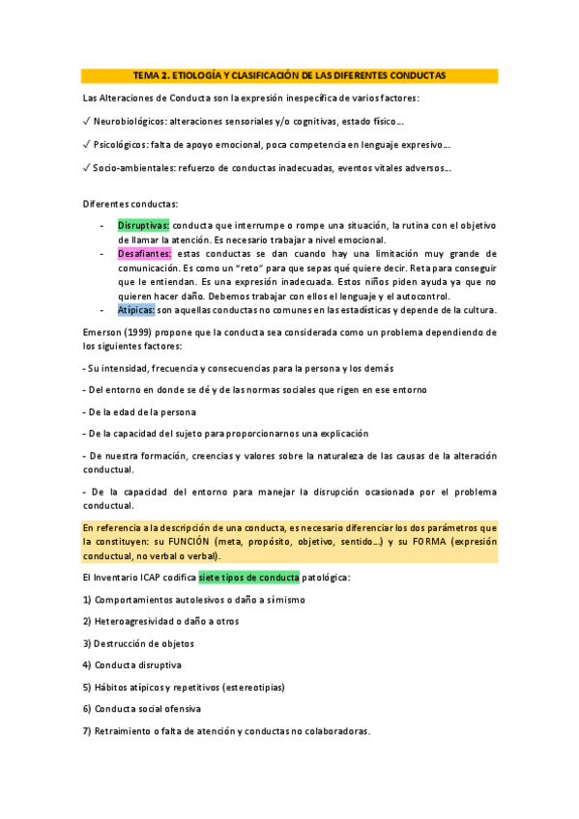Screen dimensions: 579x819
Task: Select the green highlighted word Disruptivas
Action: click(x=144, y=225)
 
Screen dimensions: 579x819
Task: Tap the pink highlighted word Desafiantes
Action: click(x=145, y=253)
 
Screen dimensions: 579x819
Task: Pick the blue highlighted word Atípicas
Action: click(x=136, y=310)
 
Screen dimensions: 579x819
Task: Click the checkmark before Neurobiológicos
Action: click(x=87, y=123)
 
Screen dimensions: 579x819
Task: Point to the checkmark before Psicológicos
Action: click(x=87, y=145)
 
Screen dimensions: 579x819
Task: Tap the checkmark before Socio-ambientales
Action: click(x=87, y=168)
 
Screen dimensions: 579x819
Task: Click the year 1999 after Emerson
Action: click(x=138, y=331)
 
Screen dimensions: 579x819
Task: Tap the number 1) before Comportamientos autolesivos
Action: click(x=87, y=599)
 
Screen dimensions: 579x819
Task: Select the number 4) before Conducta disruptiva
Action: click(x=87, y=664)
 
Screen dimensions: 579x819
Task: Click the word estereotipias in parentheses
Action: click(x=249, y=687)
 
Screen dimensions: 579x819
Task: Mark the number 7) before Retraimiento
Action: click(x=87, y=730)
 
